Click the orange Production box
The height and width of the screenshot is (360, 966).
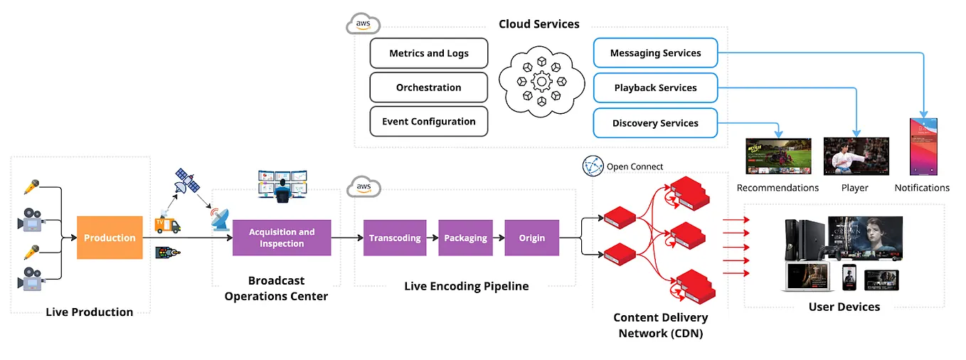(x=110, y=238)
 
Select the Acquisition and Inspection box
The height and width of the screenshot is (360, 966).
(x=282, y=238)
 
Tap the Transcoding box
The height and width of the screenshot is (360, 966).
(x=395, y=238)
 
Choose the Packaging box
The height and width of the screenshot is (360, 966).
(x=465, y=238)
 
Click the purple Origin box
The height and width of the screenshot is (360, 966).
(x=532, y=238)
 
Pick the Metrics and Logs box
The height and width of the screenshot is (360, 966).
(x=429, y=53)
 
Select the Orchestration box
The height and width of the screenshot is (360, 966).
(x=429, y=88)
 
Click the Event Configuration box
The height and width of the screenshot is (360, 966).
(x=429, y=122)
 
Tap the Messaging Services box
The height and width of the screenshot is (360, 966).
(x=655, y=53)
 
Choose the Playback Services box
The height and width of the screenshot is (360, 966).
(x=655, y=88)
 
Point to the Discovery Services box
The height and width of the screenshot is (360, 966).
(x=655, y=123)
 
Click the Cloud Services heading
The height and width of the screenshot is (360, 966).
(x=538, y=24)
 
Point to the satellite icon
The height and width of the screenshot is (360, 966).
(x=189, y=182)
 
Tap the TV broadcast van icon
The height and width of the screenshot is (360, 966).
(x=167, y=225)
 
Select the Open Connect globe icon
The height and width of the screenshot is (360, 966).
(x=593, y=166)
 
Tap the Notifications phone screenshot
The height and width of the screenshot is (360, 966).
(x=923, y=147)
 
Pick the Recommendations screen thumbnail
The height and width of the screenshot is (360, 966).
(x=777, y=157)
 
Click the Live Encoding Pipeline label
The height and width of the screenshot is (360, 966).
(x=467, y=287)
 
